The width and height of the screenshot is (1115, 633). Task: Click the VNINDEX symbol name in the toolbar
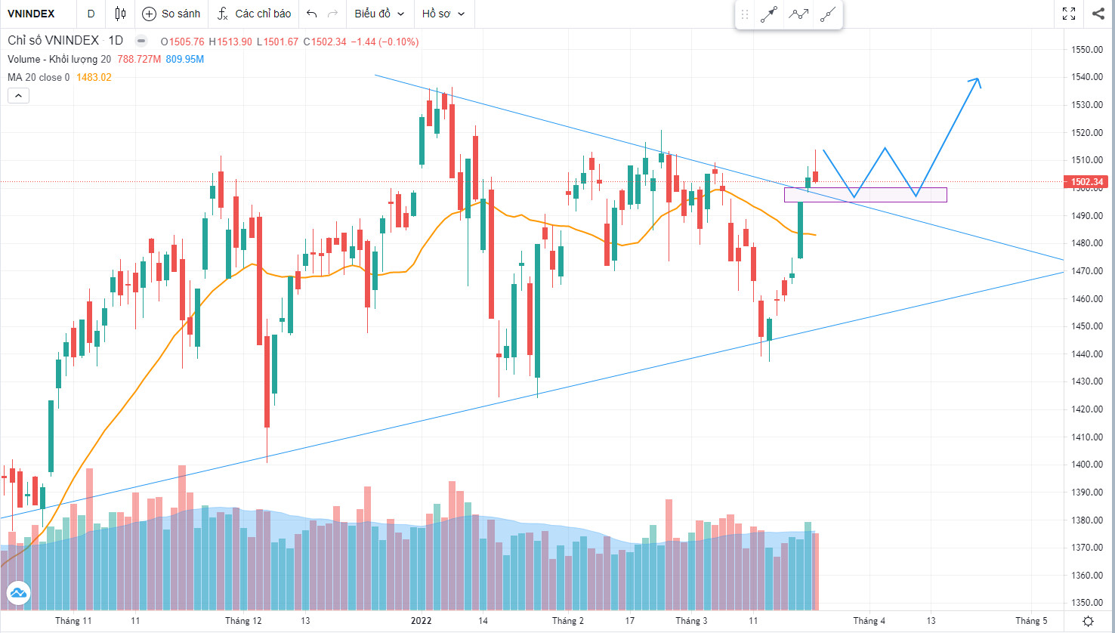(31, 14)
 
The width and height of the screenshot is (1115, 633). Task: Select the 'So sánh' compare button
(172, 14)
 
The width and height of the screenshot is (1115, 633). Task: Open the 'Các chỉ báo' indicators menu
(254, 14)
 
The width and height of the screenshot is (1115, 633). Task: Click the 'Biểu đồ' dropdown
(379, 14)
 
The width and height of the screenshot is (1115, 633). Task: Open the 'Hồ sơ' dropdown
(443, 14)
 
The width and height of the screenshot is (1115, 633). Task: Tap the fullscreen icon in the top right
(1069, 14)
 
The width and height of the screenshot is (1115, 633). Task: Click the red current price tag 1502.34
(1086, 182)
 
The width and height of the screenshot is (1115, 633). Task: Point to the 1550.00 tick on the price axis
(1086, 50)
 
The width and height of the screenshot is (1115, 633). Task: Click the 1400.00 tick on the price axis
(1086, 465)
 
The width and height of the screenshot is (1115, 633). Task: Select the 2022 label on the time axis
(421, 621)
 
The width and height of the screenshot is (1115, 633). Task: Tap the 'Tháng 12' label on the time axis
(243, 621)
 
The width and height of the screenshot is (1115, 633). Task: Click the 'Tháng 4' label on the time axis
(869, 621)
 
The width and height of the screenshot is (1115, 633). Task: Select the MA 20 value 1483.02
(94, 77)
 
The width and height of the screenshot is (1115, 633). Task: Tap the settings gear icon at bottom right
(1088, 621)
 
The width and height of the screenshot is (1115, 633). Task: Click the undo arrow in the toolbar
(311, 14)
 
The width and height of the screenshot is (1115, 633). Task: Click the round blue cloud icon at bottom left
(18, 593)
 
